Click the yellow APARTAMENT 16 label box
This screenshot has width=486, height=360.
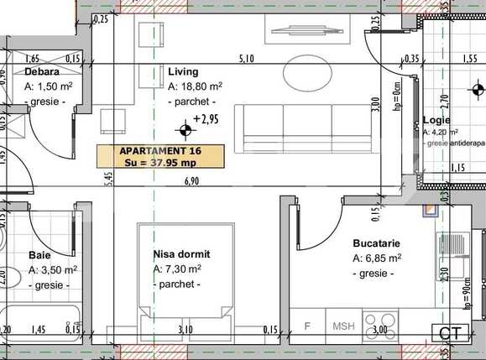[160, 156]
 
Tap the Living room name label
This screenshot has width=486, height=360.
[183, 72]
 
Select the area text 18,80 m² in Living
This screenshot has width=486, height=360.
[195, 86]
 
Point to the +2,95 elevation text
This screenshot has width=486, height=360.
[206, 120]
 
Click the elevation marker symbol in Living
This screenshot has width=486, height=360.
[184, 129]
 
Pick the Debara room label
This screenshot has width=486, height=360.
[41, 72]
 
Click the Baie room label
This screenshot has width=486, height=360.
[39, 255]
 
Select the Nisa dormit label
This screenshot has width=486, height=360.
[181, 253]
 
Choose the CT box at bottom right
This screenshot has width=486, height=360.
[450, 333]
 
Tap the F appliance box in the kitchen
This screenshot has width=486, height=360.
[307, 326]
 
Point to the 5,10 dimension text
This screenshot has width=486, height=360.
[247, 59]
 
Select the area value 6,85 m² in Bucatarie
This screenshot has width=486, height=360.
[377, 258]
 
